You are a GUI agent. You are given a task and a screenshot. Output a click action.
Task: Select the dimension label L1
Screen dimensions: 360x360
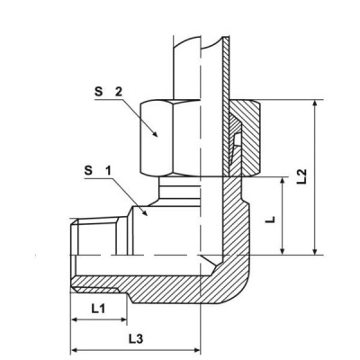[x=99, y=308]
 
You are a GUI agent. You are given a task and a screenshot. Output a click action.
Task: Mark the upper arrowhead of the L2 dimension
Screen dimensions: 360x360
[x=315, y=103]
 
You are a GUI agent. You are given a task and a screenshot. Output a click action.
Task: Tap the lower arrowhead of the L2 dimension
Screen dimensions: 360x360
[x=315, y=254]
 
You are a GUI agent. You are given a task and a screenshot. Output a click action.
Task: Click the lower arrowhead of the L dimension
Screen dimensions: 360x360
[x=285, y=254]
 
